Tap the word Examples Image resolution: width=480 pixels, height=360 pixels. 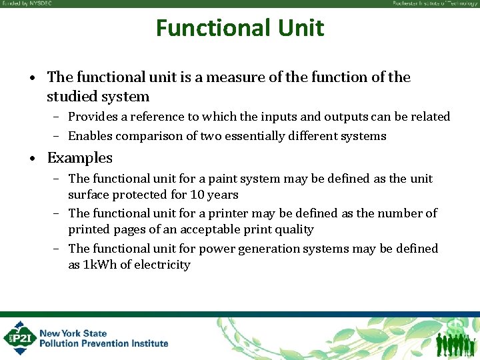(79, 158)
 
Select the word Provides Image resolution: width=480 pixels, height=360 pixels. (93, 117)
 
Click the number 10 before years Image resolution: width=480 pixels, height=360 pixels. (198, 195)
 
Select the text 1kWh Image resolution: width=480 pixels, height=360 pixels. (99, 265)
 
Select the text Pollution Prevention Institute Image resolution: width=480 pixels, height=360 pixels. (103, 343)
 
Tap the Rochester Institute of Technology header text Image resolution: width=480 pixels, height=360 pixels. (434, 3)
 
